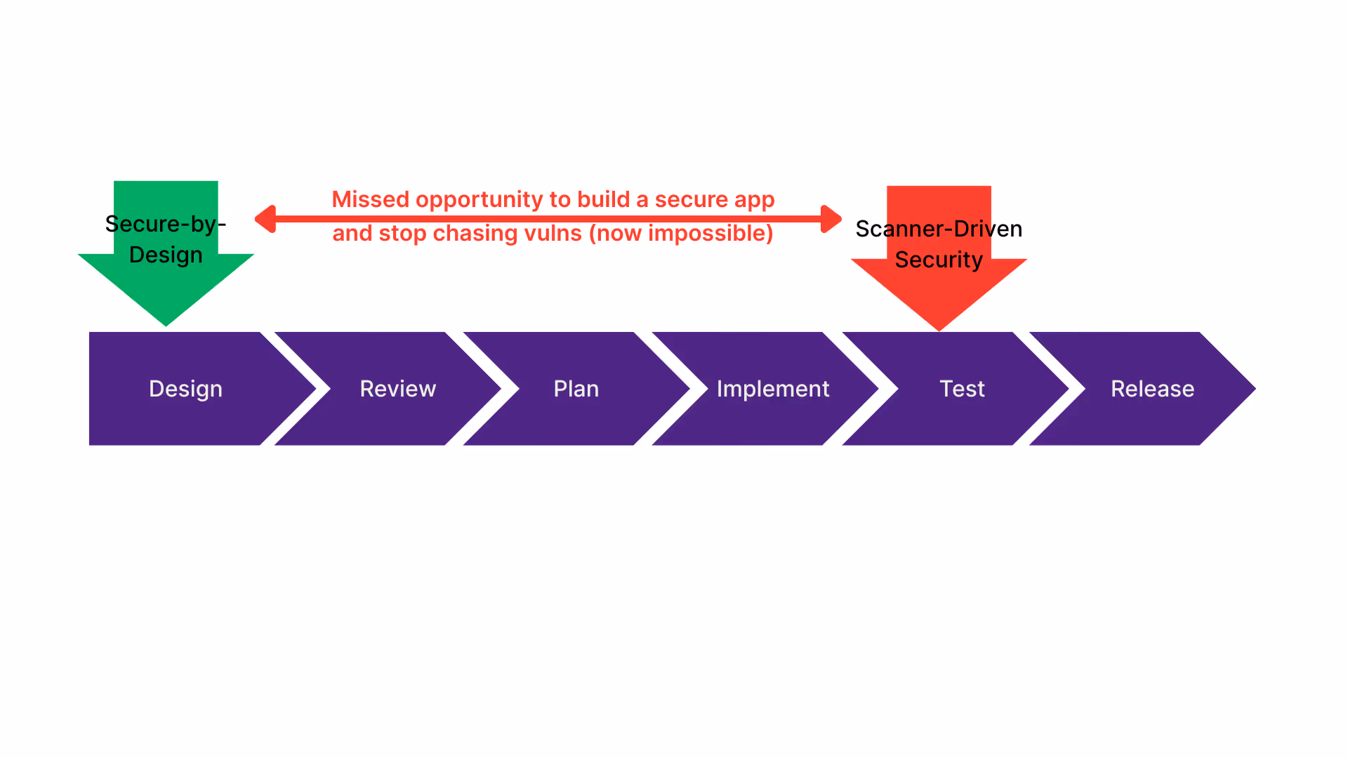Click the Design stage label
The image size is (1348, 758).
[x=185, y=390]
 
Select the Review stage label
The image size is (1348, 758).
[x=398, y=389]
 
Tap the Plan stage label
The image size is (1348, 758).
[x=576, y=389]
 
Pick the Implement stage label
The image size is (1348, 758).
[x=773, y=390]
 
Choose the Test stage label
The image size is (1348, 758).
[x=963, y=389]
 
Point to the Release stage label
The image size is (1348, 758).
[x=1153, y=389]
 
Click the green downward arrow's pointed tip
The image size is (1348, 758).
[x=166, y=326]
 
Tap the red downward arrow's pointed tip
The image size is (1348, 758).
[x=939, y=330]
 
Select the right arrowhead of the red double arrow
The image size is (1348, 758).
[x=831, y=219]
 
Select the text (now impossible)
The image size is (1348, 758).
[x=681, y=234]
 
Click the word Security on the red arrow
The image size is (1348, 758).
[x=939, y=260]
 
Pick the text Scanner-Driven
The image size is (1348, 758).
[x=939, y=229]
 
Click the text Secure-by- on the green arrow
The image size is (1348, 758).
[x=166, y=224]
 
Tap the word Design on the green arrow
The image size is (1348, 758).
[x=166, y=255]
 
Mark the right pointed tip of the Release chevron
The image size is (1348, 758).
[x=1255, y=388]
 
